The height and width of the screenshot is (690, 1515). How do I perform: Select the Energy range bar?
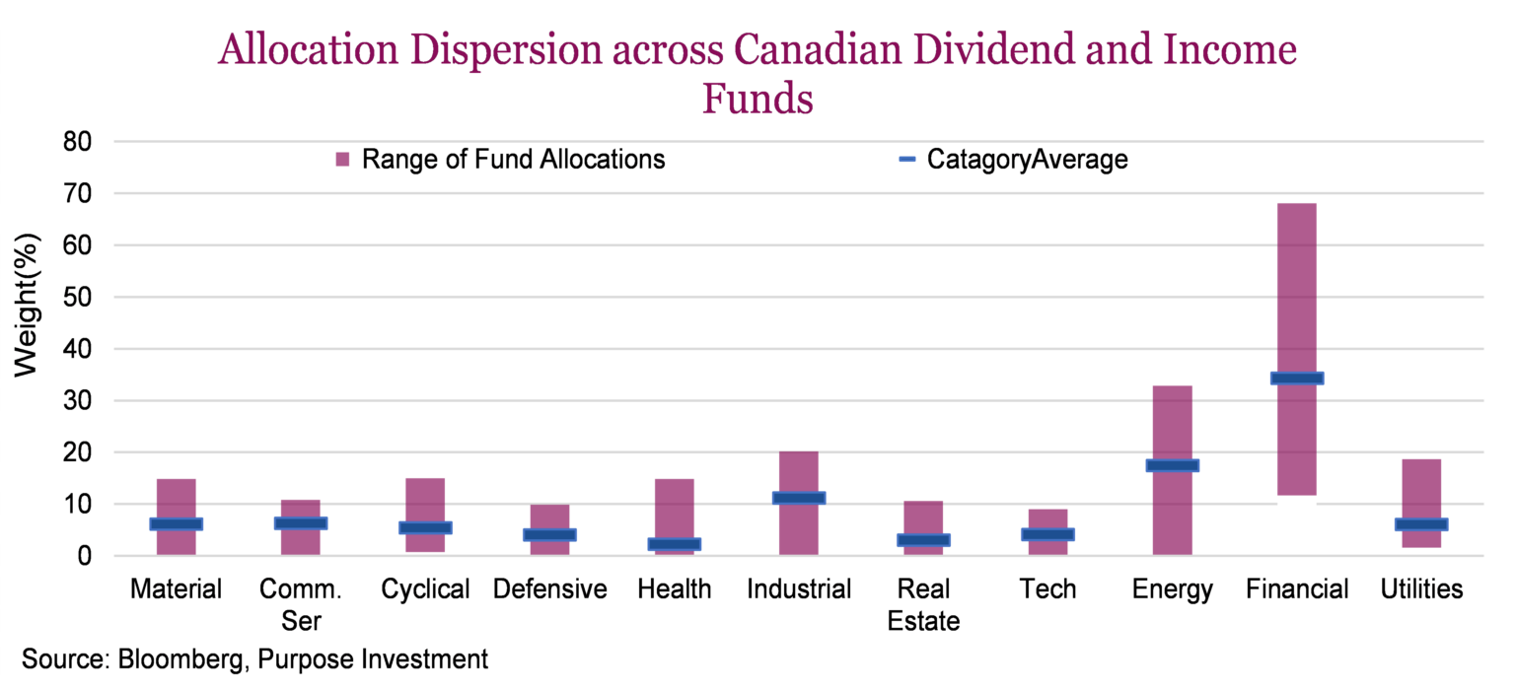(x=1172, y=424)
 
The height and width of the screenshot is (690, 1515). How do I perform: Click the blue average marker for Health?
(x=674, y=544)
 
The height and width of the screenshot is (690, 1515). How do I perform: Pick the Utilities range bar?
(x=1420, y=493)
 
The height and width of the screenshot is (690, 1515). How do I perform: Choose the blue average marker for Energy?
(x=1172, y=465)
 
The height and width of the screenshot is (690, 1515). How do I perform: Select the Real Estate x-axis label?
(x=923, y=605)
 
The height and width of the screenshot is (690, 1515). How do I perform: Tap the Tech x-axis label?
(x=1047, y=589)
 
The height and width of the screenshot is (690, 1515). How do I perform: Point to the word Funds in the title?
(x=757, y=99)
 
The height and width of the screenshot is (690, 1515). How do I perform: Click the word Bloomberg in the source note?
(x=183, y=659)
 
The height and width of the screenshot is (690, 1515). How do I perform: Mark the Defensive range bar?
(x=549, y=529)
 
